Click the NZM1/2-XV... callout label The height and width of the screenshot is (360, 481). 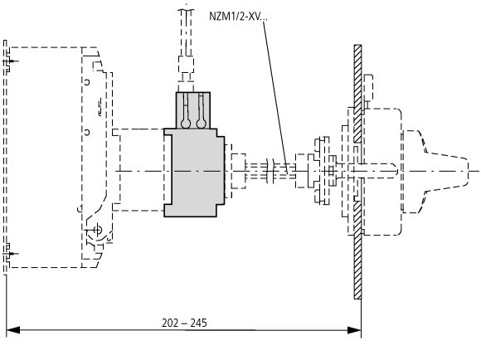238,17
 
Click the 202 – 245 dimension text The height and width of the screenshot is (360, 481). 184,323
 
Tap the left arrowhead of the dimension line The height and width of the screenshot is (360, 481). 13,330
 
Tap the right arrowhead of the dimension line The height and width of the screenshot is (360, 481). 354,330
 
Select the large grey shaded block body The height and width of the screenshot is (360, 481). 195,173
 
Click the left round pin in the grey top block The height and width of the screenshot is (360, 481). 186,123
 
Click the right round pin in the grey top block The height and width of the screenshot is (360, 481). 201,123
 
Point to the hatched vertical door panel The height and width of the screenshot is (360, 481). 357,172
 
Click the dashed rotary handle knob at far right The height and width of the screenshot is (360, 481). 435,171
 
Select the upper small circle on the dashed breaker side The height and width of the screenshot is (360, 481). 87,82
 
